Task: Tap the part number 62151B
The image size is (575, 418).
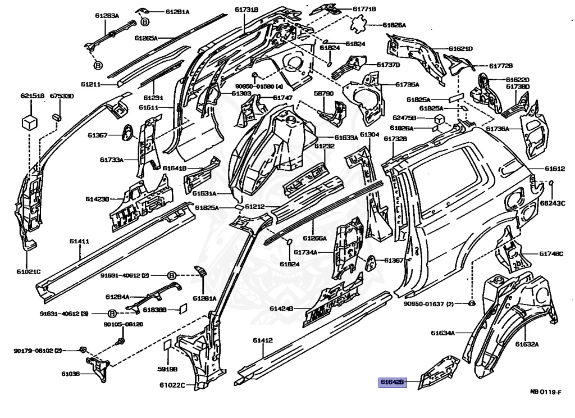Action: [x=32, y=96]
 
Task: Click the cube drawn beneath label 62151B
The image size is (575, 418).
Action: [x=30, y=121]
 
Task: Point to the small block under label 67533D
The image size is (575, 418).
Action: [x=57, y=116]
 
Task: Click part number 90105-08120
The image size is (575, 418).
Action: [x=123, y=325]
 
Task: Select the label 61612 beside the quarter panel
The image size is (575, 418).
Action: [x=554, y=169]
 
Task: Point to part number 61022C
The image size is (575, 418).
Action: [x=172, y=385]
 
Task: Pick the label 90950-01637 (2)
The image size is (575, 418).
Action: [x=428, y=304]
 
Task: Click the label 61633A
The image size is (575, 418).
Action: [x=346, y=137]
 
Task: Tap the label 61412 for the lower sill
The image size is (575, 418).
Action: [x=262, y=340]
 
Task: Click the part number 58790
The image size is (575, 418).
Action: [x=323, y=93]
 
